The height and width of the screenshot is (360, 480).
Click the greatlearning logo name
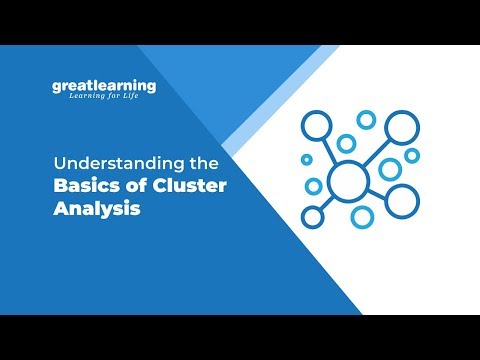104,86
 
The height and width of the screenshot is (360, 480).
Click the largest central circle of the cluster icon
350,180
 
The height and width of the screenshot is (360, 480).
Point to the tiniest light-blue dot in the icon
306,159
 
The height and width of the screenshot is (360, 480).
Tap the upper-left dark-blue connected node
316,126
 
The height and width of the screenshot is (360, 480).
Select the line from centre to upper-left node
331,149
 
